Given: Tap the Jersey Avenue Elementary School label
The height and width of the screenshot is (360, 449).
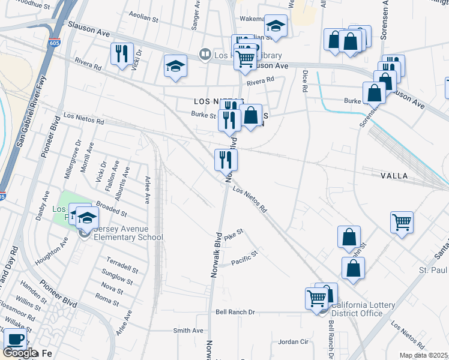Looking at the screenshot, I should click(x=127, y=237).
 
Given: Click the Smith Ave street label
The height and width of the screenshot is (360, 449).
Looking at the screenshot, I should click(x=188, y=331).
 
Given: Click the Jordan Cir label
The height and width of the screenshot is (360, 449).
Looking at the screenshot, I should click(x=293, y=342).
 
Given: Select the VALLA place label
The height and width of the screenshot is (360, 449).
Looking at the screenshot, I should click(x=394, y=176).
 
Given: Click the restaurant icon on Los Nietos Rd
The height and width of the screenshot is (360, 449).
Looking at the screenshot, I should click(x=226, y=160).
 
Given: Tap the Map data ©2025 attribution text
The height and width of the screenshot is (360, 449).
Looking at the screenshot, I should click(x=424, y=355).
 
